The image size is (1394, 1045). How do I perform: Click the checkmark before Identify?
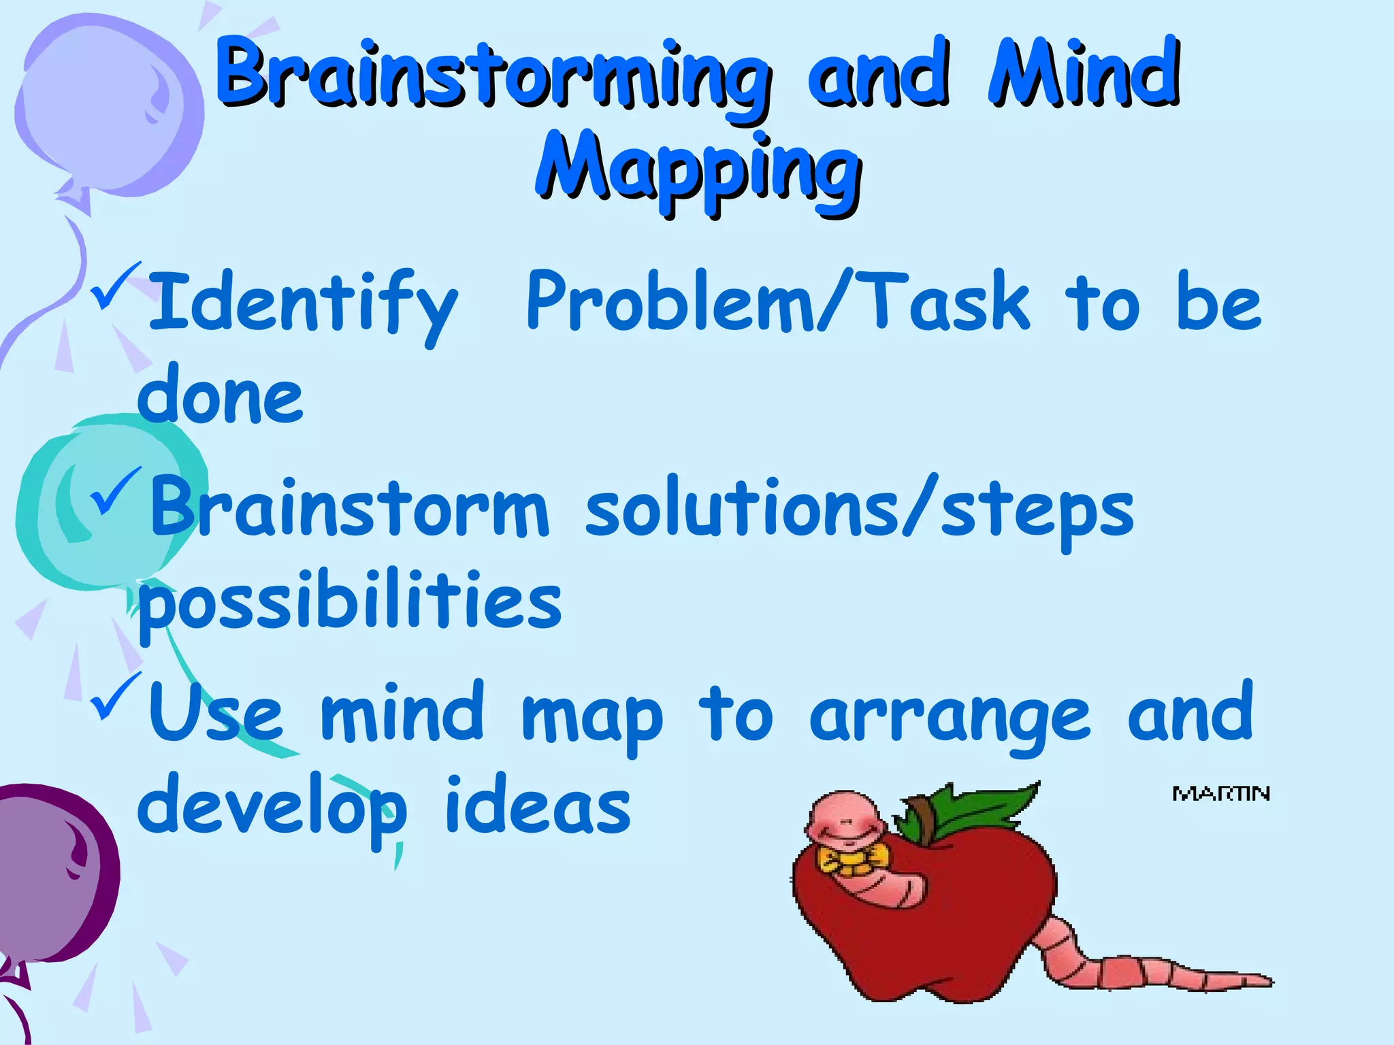(118, 286)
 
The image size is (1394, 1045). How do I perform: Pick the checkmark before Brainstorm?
(118, 491)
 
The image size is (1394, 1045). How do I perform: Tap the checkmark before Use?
(118, 695)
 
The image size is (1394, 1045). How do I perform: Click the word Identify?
(303, 303)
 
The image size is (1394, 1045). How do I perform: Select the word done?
(221, 395)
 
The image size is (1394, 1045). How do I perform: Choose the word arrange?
(950, 716)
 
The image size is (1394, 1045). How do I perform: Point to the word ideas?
(538, 806)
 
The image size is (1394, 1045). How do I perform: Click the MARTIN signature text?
(1221, 794)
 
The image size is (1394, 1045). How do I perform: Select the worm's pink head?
(844, 820)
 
